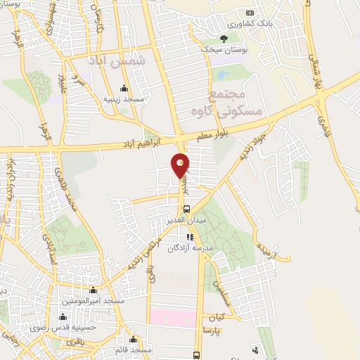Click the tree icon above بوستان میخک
[224, 38]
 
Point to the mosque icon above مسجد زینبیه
[124, 89]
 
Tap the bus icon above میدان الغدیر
[185, 208]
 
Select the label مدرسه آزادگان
[204, 247]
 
